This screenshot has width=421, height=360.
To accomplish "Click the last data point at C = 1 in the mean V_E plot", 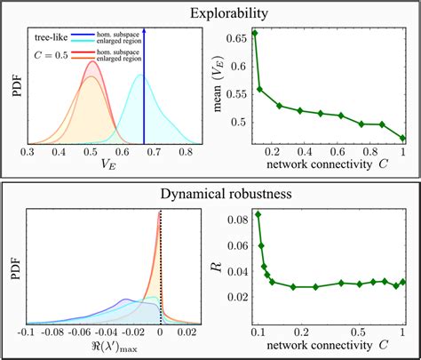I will pyautogui.click(x=403, y=138).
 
